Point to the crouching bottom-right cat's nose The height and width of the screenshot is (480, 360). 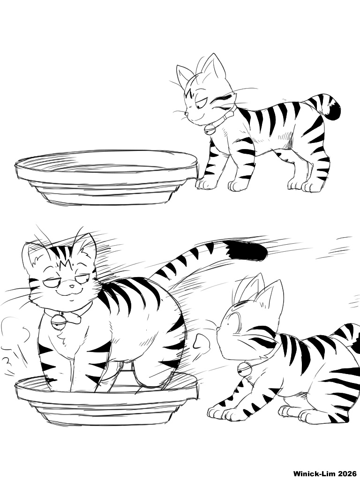click(217, 329)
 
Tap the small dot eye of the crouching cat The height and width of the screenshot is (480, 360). click(228, 324)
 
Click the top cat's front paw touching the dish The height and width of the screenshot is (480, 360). click(205, 183)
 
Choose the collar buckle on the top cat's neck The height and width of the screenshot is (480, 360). click(229, 116)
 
